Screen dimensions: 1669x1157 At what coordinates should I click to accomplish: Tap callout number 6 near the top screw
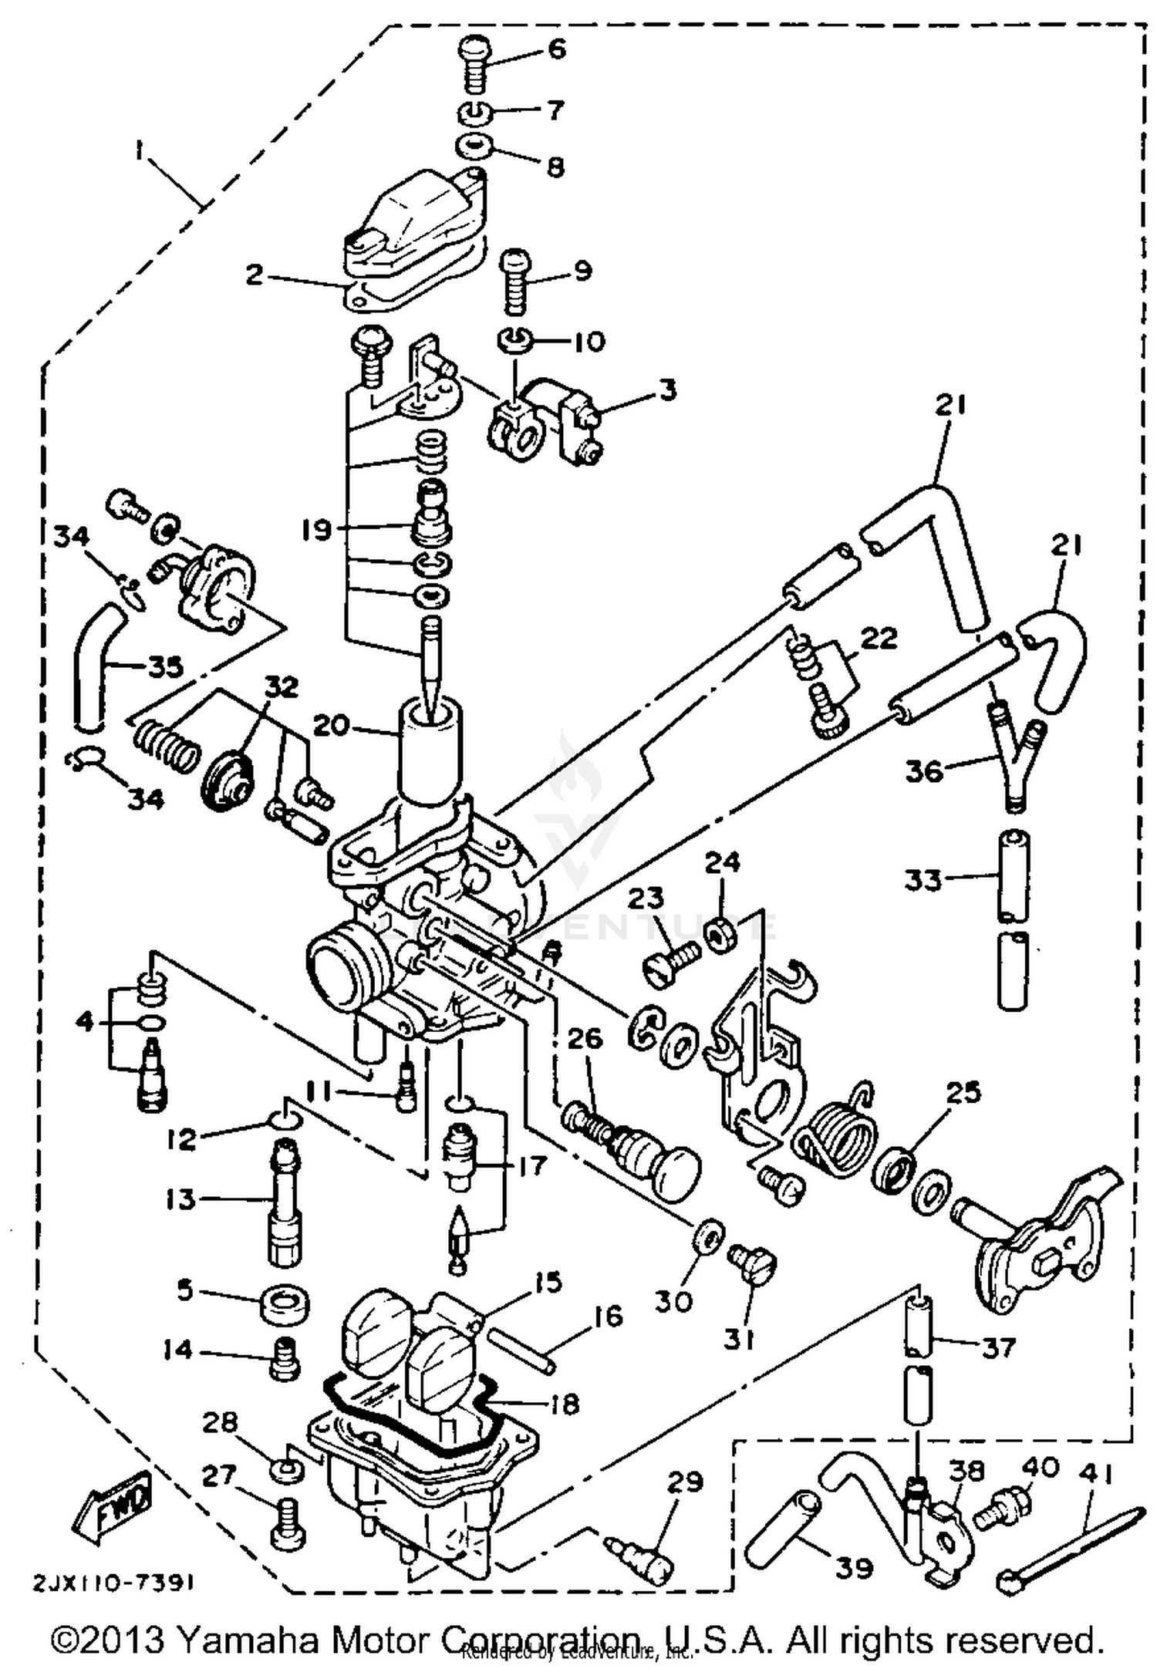[x=556, y=49]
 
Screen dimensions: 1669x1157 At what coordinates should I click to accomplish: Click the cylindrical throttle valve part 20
[x=430, y=752]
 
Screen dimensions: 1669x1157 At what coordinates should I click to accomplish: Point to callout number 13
[x=180, y=1199]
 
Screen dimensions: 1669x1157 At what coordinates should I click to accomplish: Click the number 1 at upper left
[x=139, y=152]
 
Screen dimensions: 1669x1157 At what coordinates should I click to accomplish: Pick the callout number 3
[x=668, y=389]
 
